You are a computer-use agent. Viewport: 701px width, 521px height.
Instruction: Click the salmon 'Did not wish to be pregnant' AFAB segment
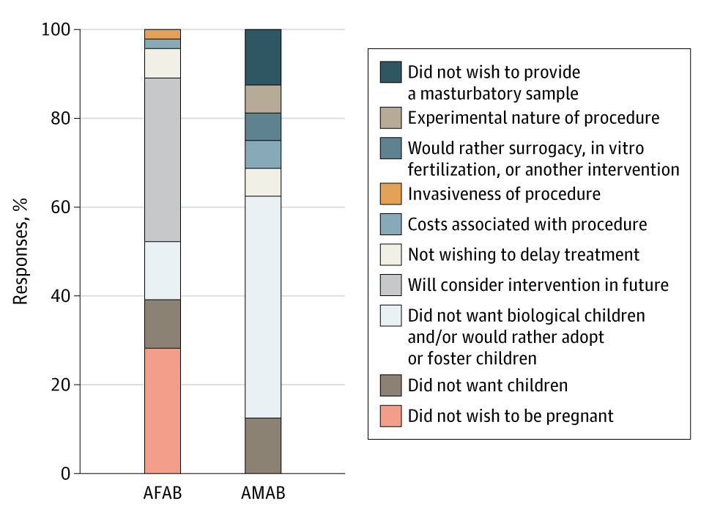tap(162, 410)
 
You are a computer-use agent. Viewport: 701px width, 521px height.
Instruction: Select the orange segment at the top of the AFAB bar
tap(162, 34)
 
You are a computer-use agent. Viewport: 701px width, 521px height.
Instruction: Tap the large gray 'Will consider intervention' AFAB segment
tap(162, 160)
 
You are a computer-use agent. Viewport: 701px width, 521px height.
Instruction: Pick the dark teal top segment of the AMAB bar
tap(262, 57)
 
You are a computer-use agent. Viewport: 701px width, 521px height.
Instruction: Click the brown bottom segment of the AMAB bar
tap(262, 446)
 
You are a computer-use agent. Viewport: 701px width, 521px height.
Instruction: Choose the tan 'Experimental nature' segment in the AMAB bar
tap(262, 99)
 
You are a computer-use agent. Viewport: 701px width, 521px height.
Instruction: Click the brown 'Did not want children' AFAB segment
tap(162, 323)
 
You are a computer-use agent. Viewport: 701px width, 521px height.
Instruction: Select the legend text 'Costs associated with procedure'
tap(527, 224)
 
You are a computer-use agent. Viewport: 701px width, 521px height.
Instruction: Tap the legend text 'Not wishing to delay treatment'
tap(523, 254)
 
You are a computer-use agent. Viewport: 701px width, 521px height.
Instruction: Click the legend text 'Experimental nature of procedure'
tap(533, 117)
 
